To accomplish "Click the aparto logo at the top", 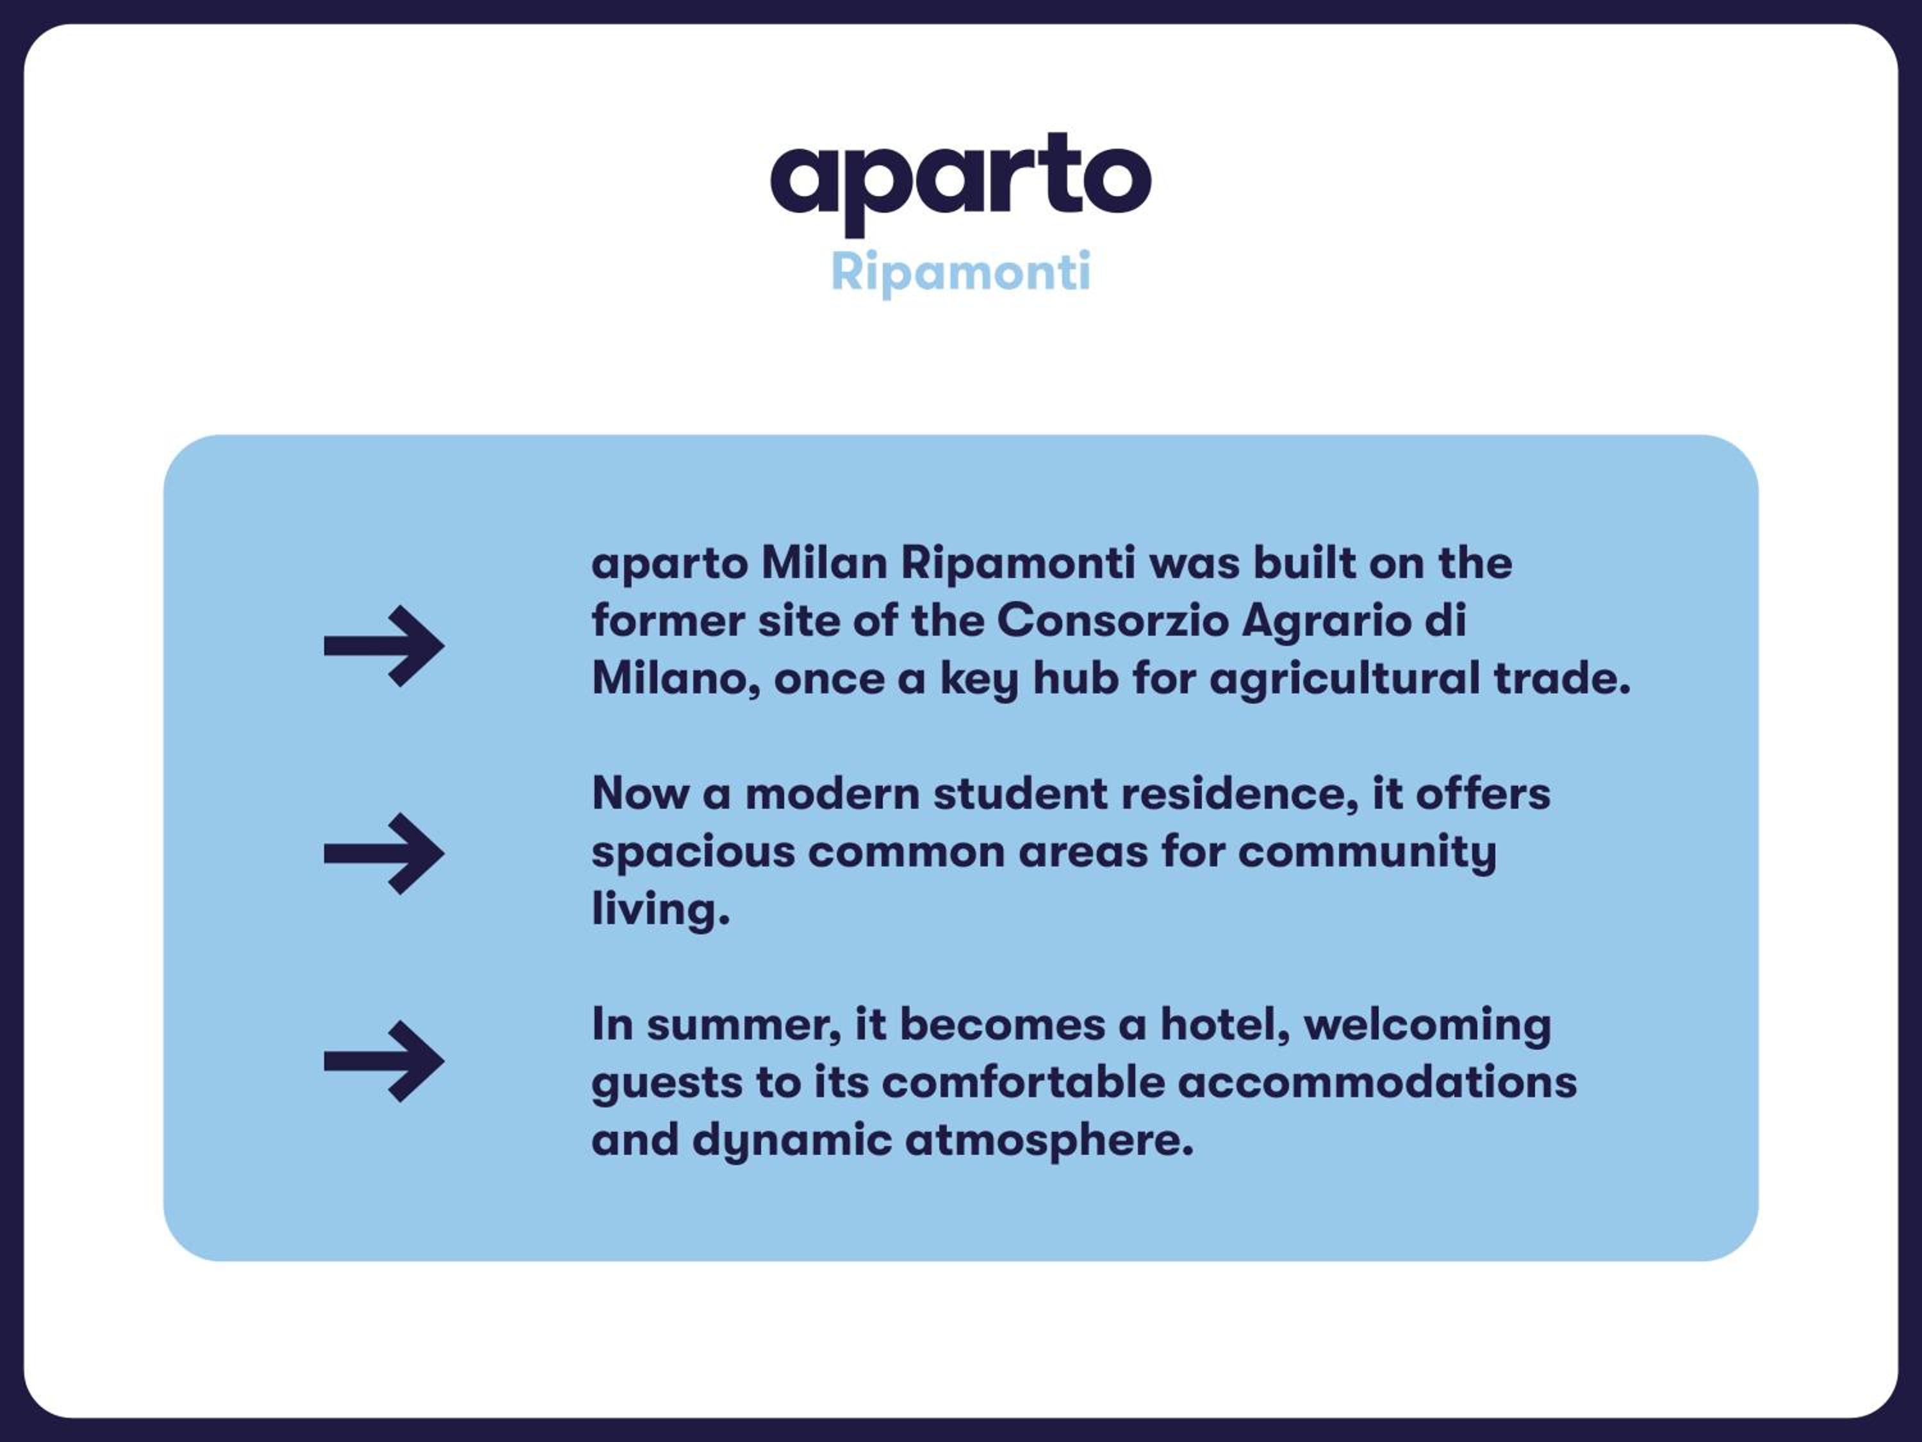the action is [x=961, y=183].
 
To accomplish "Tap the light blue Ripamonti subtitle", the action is [x=961, y=273].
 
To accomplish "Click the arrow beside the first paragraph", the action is [x=384, y=646].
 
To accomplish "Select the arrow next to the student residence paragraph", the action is [x=384, y=854].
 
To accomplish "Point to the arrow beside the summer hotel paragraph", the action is [x=384, y=1061].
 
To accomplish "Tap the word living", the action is [x=661, y=911].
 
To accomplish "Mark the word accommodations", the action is [x=1377, y=1083].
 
